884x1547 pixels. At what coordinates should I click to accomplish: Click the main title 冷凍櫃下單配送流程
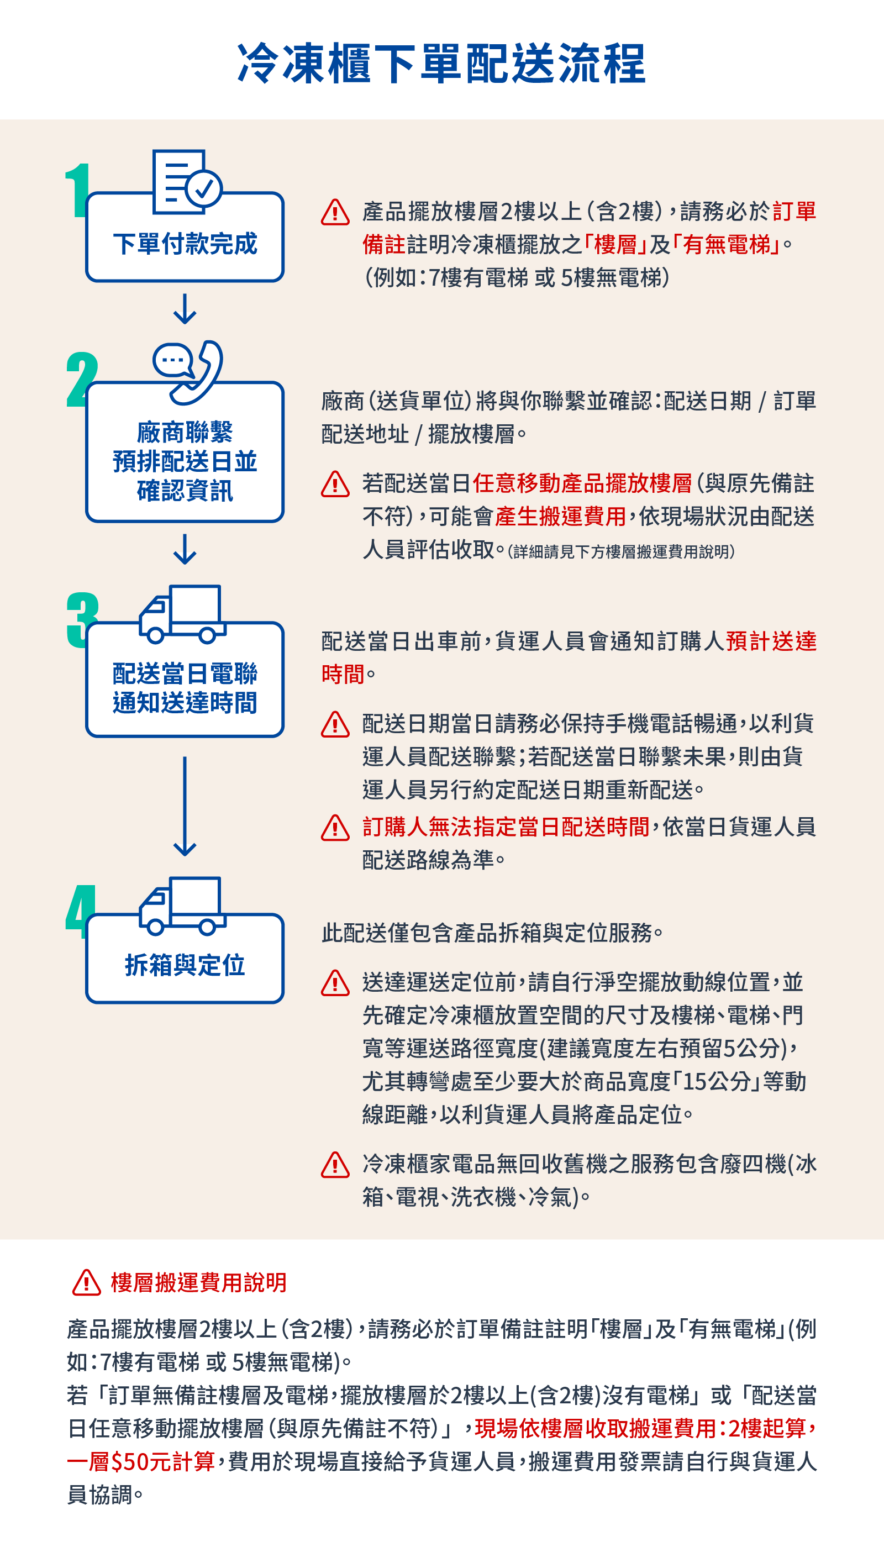point(441,63)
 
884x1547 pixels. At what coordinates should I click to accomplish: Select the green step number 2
point(81,380)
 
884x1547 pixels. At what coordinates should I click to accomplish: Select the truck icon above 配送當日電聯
point(182,613)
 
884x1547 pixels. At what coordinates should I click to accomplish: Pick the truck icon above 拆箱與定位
point(182,904)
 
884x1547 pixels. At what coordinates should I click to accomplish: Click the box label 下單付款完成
point(185,244)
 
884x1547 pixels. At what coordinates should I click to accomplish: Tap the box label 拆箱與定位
point(185,965)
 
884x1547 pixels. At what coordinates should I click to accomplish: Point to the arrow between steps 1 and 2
point(185,309)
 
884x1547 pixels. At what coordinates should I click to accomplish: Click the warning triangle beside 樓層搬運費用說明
point(86,1283)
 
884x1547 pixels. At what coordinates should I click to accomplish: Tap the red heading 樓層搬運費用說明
point(198,1283)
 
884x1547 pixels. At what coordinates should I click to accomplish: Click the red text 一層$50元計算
point(141,1461)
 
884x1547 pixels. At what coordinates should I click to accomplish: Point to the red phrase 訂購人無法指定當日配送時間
point(505,827)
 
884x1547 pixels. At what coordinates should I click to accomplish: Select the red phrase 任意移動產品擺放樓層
point(582,483)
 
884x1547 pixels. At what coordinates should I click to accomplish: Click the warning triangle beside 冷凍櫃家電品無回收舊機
point(335,1165)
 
